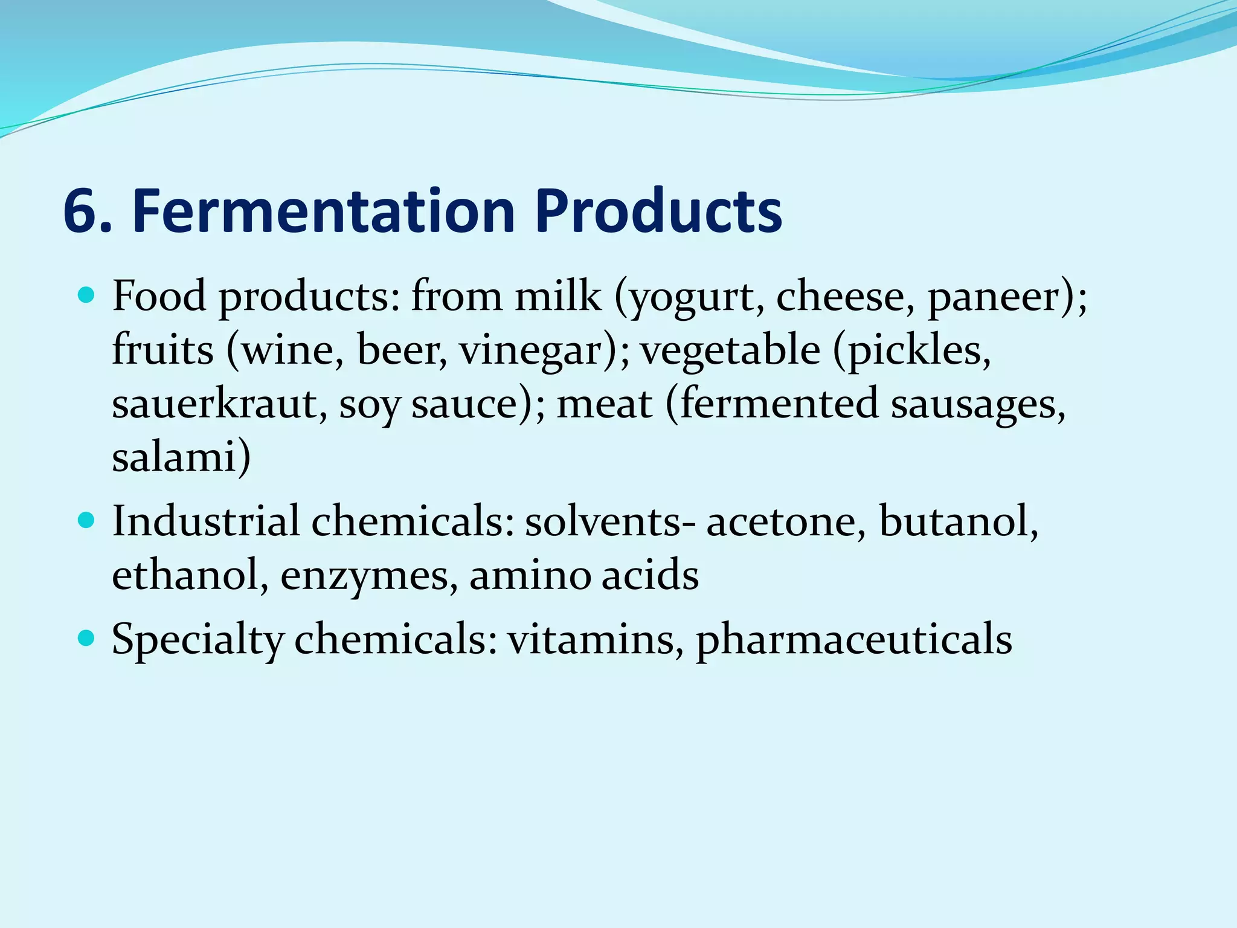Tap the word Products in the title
(x=658, y=211)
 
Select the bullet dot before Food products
(x=87, y=295)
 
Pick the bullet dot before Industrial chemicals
(x=87, y=520)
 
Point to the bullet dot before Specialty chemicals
(x=87, y=637)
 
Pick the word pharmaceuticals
(x=853, y=639)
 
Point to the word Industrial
(x=205, y=521)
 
